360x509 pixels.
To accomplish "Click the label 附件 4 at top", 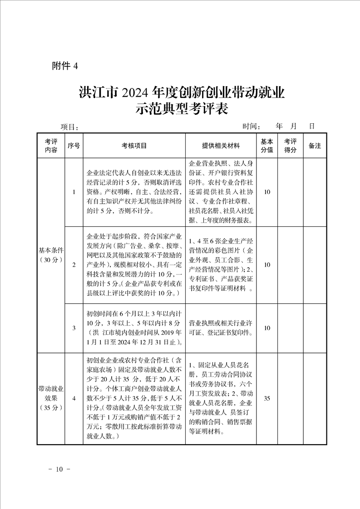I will point(65,66).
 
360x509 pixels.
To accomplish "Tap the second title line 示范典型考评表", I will point(180,109).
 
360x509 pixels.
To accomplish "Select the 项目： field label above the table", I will point(70,127).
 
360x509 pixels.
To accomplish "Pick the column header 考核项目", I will point(134,146).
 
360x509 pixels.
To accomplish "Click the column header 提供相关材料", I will point(221,146).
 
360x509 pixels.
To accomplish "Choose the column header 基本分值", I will point(267,146).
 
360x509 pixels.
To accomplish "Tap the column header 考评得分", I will point(290,146).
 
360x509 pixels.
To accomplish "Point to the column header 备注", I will point(315,146).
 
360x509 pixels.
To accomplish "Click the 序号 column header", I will point(74,146).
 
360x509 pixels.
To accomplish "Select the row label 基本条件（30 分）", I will point(51,254).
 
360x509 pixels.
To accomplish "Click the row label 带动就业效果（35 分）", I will point(51,398).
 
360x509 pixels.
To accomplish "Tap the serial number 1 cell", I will point(74,192).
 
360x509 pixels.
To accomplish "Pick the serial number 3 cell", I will point(74,328).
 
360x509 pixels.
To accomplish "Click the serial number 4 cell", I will point(74,398).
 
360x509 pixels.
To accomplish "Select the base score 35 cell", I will point(267,398).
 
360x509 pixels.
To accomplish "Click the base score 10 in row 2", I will point(267,264).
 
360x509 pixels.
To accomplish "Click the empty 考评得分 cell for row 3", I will point(290,328).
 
